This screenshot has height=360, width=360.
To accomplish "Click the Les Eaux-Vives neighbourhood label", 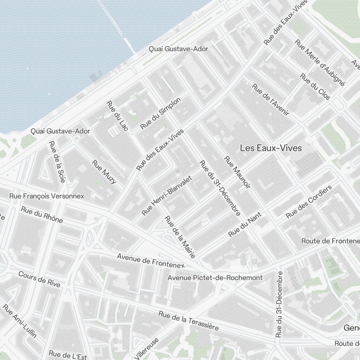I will pyautogui.click(x=271, y=148).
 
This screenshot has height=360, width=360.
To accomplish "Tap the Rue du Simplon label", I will pyautogui.click(x=160, y=113).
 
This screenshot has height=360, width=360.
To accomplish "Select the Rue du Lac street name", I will pyautogui.click(x=117, y=116).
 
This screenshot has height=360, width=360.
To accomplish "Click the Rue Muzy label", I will pyautogui.click(x=104, y=172).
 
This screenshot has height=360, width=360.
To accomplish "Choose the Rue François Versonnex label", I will pyautogui.click(x=47, y=196).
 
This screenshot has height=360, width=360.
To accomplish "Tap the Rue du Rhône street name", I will pyautogui.click(x=42, y=215).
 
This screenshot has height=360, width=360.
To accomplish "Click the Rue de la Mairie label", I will pyautogui.click(x=180, y=237).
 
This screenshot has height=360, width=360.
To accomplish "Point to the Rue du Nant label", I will pyautogui.click(x=245, y=225).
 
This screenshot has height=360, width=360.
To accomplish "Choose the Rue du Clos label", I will pyautogui.click(x=315, y=87).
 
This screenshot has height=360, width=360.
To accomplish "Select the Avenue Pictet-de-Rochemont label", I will pyautogui.click(x=215, y=278).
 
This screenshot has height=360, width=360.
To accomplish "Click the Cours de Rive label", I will pyautogui.click(x=39, y=279).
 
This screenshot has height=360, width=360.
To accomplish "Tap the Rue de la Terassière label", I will pyautogui.click(x=188, y=320).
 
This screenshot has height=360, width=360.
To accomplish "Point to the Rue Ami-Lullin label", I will pyautogui.click(x=20, y=321).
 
